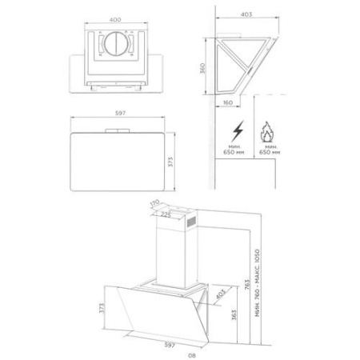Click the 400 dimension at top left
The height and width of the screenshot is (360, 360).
click(x=115, y=19)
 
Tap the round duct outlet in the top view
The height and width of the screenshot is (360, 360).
click(x=116, y=44)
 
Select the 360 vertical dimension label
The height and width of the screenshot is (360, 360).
click(x=202, y=68)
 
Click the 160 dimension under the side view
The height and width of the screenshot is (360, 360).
click(x=227, y=102)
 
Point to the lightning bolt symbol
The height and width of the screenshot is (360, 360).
click(x=238, y=131)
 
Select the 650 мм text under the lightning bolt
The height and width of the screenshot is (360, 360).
click(x=234, y=152)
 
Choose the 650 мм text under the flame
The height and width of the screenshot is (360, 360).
click(x=270, y=152)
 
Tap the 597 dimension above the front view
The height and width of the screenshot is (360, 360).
click(x=120, y=113)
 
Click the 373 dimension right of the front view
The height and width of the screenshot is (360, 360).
click(x=170, y=162)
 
